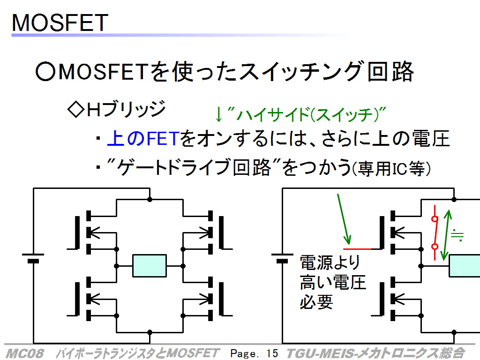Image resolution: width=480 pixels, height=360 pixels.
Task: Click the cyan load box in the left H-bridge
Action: point(150,266)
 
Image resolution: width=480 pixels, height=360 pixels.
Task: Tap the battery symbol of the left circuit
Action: point(33,258)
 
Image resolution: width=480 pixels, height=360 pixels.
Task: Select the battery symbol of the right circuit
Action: point(282,258)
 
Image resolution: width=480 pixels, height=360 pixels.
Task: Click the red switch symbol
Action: point(435,232)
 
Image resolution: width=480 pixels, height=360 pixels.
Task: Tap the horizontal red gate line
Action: point(357,249)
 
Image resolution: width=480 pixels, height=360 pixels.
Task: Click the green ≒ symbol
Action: point(457,235)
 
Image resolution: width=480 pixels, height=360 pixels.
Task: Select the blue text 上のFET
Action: point(143,138)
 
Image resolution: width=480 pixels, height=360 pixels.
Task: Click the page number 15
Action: point(272,353)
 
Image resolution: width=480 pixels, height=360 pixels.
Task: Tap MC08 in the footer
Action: point(24,353)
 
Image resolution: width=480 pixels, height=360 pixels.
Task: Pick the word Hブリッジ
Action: point(126,109)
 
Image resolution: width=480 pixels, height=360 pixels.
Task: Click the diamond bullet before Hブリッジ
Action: point(75,110)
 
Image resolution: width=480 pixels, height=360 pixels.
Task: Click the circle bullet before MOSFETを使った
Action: point(45,72)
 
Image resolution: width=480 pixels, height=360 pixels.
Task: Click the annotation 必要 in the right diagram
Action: point(316,302)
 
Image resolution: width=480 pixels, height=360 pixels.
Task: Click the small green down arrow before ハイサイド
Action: point(218,115)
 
